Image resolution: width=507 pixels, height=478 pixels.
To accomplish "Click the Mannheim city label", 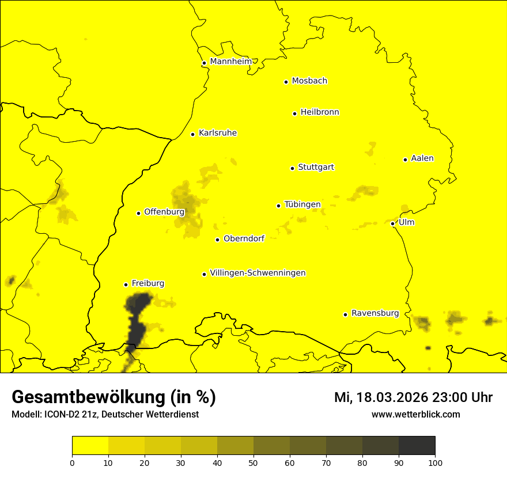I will (x=230, y=62).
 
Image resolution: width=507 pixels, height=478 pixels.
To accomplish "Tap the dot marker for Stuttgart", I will (x=293, y=168).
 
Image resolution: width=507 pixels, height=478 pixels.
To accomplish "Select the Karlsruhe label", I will (x=217, y=133).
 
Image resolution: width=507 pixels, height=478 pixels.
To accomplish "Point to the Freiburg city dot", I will (x=126, y=284).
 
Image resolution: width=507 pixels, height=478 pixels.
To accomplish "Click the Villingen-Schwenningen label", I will (x=258, y=273).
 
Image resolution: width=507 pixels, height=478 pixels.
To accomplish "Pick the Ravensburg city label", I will (x=374, y=313).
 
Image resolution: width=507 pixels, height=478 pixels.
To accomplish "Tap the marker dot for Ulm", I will (x=393, y=223).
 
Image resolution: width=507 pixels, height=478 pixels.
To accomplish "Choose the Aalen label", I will (x=422, y=158).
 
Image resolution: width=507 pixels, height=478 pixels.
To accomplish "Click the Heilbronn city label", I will (x=320, y=112).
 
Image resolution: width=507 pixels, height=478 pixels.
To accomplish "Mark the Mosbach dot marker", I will (x=286, y=82).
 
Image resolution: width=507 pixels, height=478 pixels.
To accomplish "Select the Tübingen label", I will (x=302, y=204).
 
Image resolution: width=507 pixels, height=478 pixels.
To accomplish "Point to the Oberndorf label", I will (x=244, y=239).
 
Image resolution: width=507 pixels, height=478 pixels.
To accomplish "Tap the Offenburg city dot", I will (x=138, y=213).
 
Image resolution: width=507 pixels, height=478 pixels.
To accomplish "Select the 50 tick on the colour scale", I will (x=253, y=462).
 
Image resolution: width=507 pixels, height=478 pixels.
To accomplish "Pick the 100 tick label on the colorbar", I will (x=435, y=462).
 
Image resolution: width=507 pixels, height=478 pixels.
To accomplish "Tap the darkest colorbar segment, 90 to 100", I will (x=417, y=446).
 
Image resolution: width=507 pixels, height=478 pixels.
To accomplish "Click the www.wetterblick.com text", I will (x=415, y=414).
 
